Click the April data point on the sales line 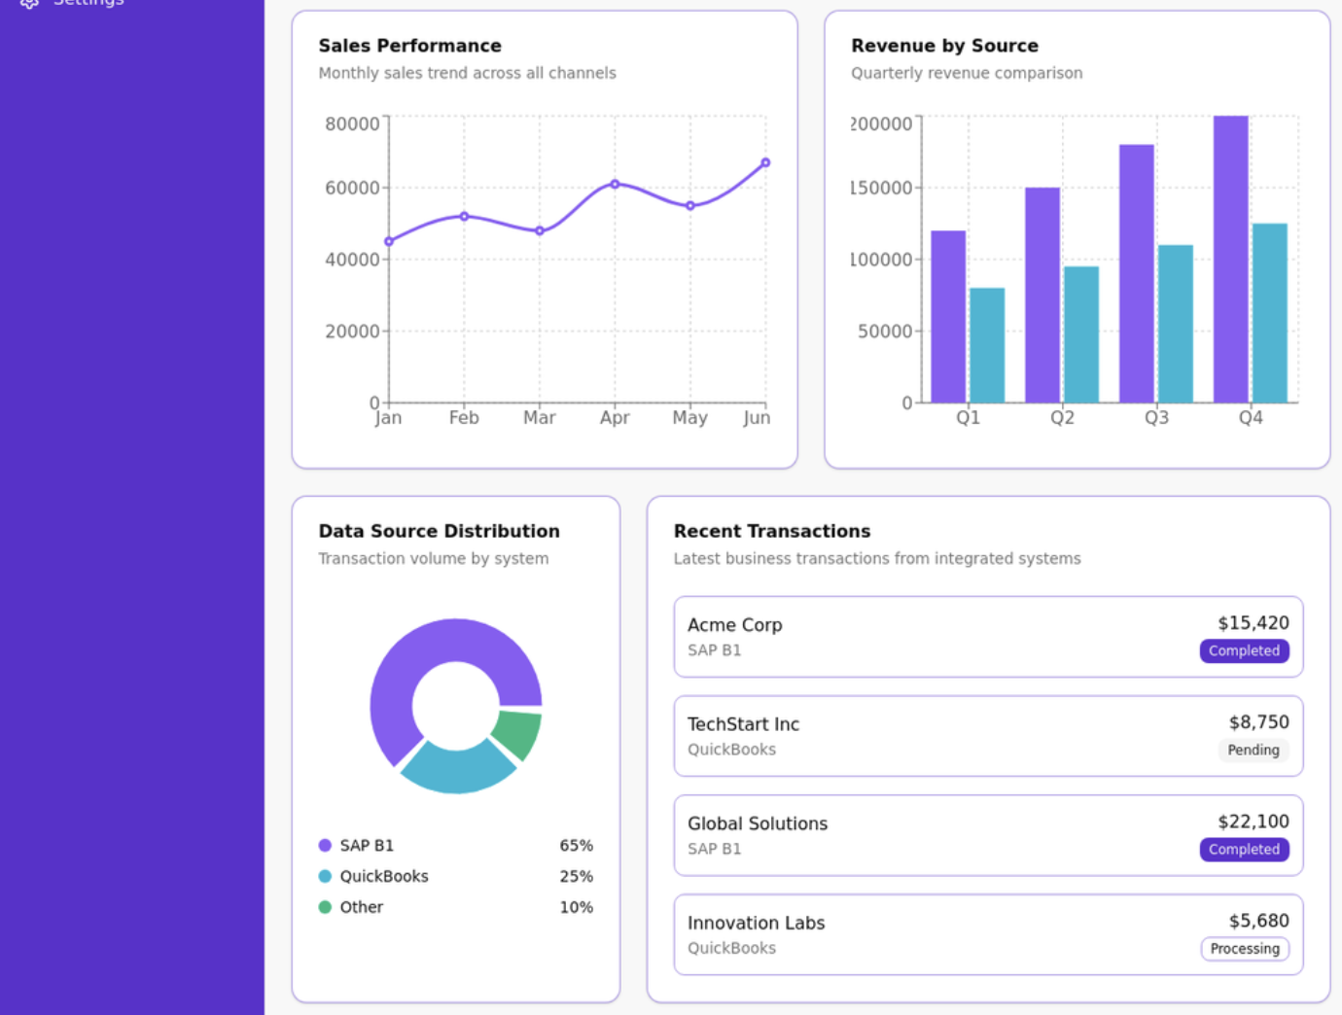click(x=615, y=184)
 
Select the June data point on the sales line click(x=765, y=162)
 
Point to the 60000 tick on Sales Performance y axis click(x=352, y=188)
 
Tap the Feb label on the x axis click(x=464, y=417)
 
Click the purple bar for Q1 click(x=948, y=316)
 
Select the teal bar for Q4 click(x=1269, y=312)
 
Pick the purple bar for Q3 click(x=1136, y=273)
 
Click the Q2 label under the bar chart click(x=1062, y=417)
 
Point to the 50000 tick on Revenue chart click(x=884, y=332)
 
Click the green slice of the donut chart click(x=517, y=732)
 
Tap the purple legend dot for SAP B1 click(x=325, y=845)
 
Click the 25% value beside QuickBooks click(x=576, y=876)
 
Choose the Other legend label click(x=361, y=907)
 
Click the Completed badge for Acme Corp click(x=1244, y=650)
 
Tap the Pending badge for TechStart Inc click(x=1253, y=750)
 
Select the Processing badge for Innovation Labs click(x=1244, y=948)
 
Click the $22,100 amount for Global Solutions click(x=1253, y=822)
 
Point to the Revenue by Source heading click(x=944, y=46)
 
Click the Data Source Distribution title click(x=439, y=531)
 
